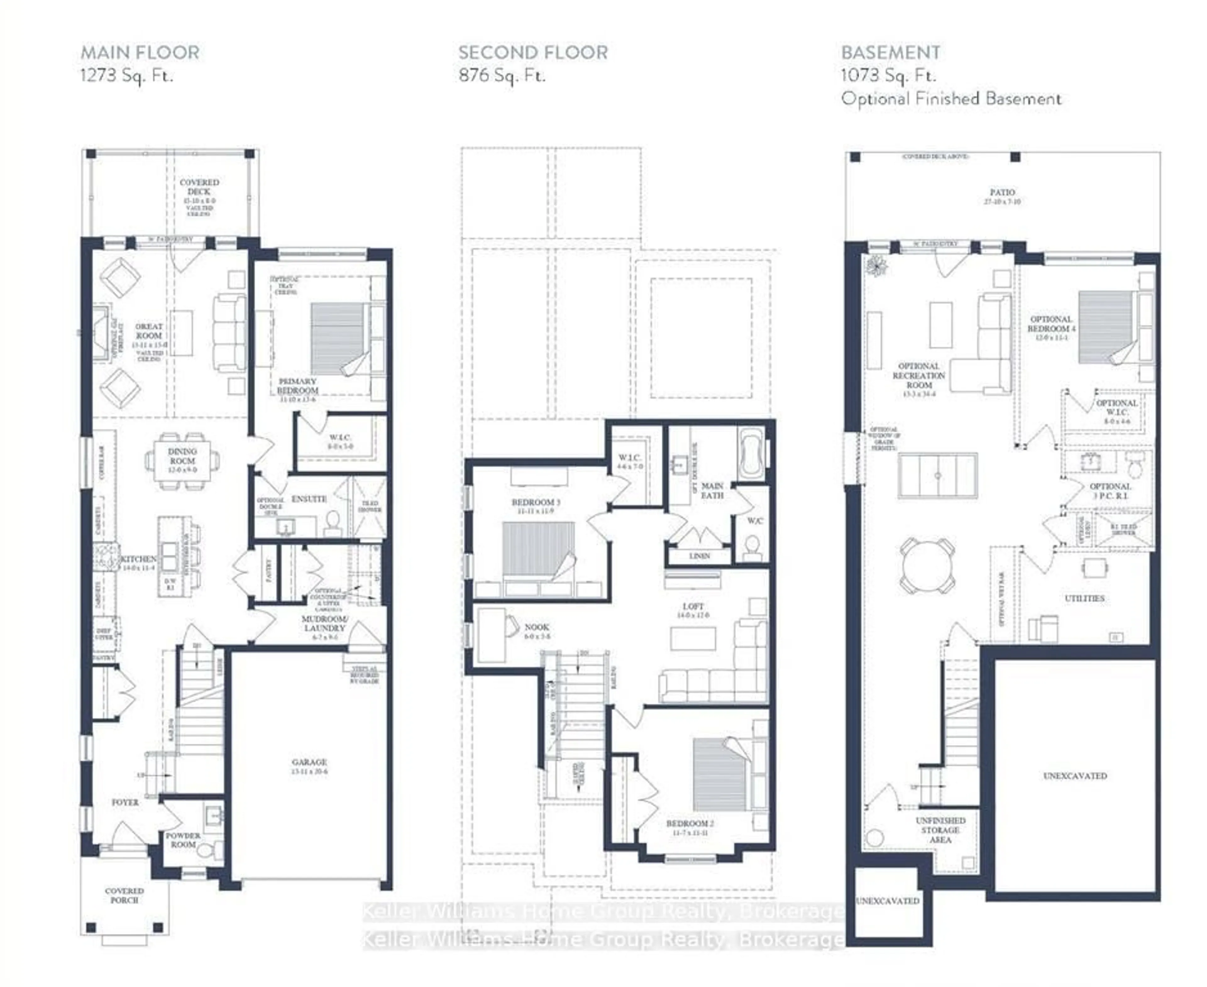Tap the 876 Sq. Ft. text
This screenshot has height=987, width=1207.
(x=502, y=75)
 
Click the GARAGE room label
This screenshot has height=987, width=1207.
(x=309, y=762)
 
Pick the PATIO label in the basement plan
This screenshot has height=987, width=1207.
(x=1002, y=192)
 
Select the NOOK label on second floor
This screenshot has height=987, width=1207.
(x=536, y=627)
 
